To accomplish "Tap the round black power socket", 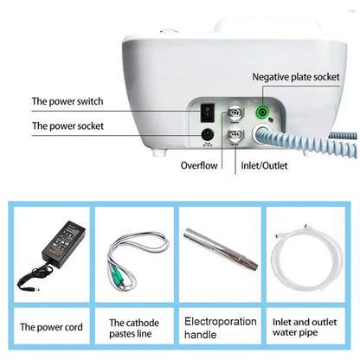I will coord(207,134).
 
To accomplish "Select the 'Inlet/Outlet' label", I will coord(263,164).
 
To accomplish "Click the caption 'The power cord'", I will coord(51,327).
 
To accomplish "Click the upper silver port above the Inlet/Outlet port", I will coord(233,113).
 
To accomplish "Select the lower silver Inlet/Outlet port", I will coord(234,135).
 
